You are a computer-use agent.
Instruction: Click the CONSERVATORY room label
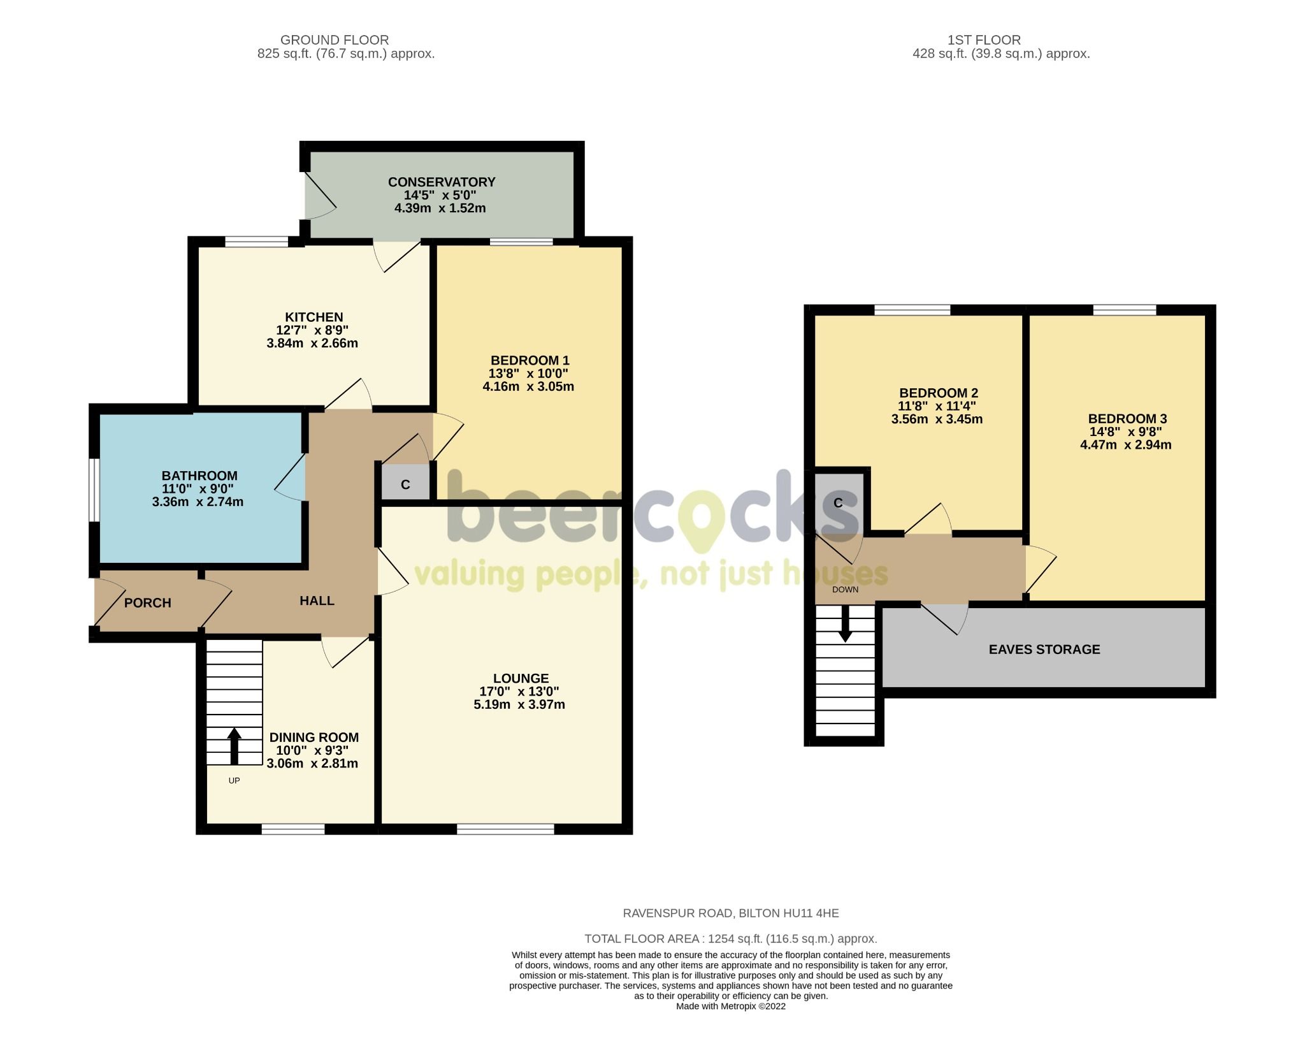[x=441, y=182]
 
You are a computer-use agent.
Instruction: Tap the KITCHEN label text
[x=314, y=317]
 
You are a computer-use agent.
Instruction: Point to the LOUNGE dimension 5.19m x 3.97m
[x=519, y=704]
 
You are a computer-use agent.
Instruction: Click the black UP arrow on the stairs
[x=234, y=745]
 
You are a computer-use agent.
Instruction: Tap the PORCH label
[x=147, y=602]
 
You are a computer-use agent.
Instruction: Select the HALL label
[x=317, y=600]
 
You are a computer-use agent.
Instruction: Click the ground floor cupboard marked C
[x=405, y=484]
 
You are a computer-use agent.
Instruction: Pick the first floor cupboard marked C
[x=838, y=503]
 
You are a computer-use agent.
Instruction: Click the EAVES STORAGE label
[x=1044, y=649]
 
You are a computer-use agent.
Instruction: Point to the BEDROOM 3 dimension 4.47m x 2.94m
[x=1125, y=445]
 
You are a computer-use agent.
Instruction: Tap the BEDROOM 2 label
[x=938, y=393]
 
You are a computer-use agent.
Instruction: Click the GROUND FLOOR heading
[x=334, y=40]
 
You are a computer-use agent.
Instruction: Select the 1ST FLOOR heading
[x=984, y=40]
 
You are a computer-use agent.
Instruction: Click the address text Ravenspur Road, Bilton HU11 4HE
[x=730, y=913]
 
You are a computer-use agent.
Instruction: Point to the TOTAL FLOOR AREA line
[x=730, y=938]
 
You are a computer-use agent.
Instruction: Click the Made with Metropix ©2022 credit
[x=730, y=1006]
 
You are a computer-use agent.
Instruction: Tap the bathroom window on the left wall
[x=94, y=490]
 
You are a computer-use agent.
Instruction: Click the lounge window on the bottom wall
[x=505, y=829]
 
